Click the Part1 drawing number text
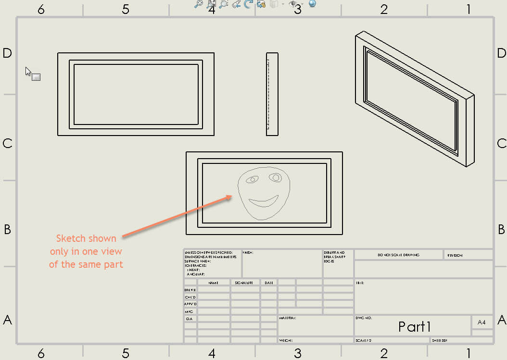[414, 327]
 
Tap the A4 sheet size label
[482, 323]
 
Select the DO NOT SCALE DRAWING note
[398, 255]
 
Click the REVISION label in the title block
[455, 255]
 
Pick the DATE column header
[269, 283]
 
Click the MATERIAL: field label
[287, 318]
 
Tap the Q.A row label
[190, 319]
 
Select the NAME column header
[213, 283]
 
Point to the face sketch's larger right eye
[276, 177]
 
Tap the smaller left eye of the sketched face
[252, 180]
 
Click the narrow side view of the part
[272, 94]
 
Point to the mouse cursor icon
[28, 71]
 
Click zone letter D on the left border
[7, 53]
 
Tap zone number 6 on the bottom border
[41, 354]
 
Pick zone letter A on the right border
[502, 320]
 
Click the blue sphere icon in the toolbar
[312, 4]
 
